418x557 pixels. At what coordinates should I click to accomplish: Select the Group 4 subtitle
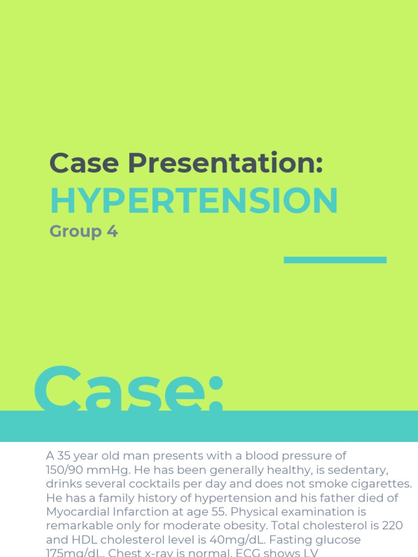[x=83, y=232]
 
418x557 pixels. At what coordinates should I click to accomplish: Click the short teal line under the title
[x=335, y=260]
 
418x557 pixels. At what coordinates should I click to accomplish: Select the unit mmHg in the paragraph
[x=111, y=470]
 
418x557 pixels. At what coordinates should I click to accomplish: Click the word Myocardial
[x=79, y=512]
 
